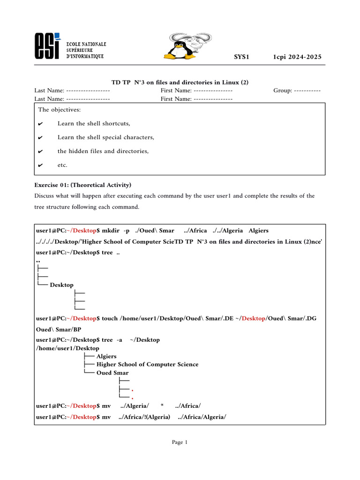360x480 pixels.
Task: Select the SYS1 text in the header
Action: point(241,57)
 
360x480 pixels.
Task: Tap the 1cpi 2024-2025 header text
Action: point(297,57)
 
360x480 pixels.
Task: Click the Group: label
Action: point(283,90)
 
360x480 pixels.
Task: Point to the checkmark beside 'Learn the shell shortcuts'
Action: point(40,124)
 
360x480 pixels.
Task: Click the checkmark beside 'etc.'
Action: point(40,165)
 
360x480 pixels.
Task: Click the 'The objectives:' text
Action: point(59,110)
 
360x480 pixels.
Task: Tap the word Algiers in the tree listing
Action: point(106,356)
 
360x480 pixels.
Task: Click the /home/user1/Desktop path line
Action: point(67,348)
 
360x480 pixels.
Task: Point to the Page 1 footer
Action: point(180,442)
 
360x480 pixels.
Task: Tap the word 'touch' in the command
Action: point(110,319)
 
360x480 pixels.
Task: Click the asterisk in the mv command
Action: point(161,405)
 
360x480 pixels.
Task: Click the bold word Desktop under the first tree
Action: point(61,285)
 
